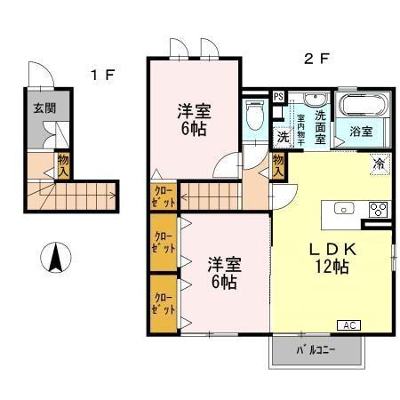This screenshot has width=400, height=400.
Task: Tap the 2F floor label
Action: (316, 60)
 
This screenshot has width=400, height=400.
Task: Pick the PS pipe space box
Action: (278, 98)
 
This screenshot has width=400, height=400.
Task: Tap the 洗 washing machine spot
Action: (282, 137)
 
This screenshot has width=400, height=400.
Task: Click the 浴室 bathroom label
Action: (360, 132)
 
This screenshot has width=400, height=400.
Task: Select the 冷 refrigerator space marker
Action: (378, 164)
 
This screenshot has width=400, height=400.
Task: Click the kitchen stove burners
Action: (377, 211)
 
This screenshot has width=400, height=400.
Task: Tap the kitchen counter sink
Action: (344, 211)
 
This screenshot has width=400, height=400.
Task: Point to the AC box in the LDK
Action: (348, 326)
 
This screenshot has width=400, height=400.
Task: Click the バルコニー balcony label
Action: (316, 351)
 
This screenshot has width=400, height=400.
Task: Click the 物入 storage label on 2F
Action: (279, 164)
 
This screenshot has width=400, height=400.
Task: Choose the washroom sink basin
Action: (316, 100)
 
